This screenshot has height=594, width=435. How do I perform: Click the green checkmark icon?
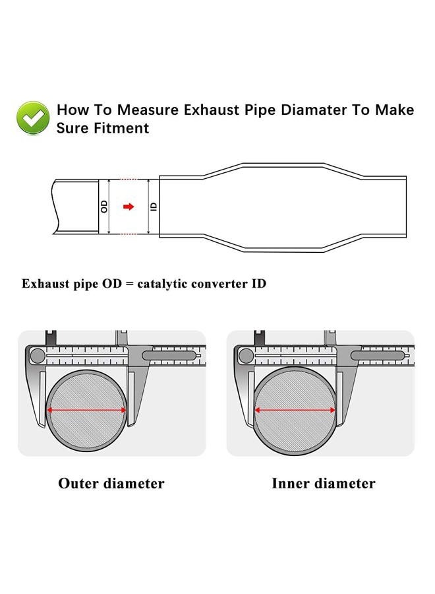tap(33, 118)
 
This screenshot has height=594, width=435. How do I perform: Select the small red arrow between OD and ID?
tap(129, 207)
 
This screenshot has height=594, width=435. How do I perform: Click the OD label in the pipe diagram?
tap(104, 206)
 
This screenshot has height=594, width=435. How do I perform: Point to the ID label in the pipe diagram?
tap(154, 206)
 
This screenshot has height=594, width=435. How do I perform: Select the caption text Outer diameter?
tap(111, 484)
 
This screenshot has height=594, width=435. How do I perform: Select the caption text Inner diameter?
tap(323, 484)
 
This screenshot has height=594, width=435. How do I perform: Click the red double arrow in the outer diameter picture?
tap(87, 410)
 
